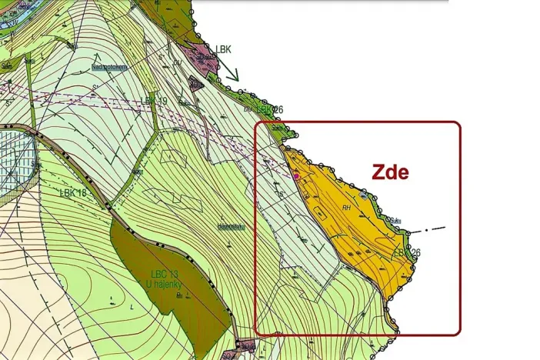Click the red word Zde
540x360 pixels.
[x=390, y=172]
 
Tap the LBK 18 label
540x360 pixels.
[x=77, y=192]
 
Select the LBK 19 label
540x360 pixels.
[x=154, y=101]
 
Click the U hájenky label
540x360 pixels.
[x=166, y=286]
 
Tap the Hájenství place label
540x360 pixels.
[x=231, y=227]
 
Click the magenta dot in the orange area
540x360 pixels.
[x=296, y=176]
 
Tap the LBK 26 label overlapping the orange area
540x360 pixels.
[x=408, y=252]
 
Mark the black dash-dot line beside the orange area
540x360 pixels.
[x=427, y=230]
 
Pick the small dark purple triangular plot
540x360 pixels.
[x=195, y=84]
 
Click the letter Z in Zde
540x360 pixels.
[x=378, y=172]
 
